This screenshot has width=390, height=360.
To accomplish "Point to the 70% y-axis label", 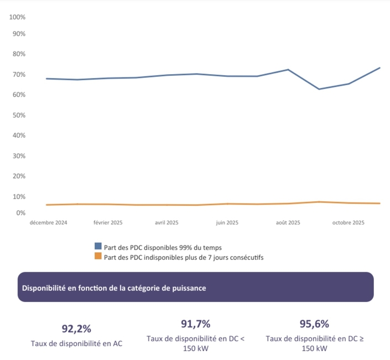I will [x=19, y=75].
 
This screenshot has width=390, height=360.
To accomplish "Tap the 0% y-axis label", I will [x=21, y=213].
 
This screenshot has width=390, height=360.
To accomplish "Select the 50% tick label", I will [x=19, y=115].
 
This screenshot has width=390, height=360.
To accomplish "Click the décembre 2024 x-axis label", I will [x=49, y=223].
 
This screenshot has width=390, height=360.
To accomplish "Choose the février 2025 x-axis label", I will [x=108, y=223].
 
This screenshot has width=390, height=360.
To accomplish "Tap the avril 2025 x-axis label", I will [x=167, y=223].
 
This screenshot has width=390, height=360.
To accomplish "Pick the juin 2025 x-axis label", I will [x=227, y=223].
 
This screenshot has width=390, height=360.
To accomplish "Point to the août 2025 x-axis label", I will [x=288, y=223].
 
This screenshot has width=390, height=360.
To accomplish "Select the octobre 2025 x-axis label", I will [x=348, y=223].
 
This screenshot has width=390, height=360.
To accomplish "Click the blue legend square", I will [x=98, y=247].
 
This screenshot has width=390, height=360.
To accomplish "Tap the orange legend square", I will [x=98, y=256].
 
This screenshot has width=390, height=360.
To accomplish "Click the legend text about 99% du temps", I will [x=163, y=247].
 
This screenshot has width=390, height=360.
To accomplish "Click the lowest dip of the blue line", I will [x=319, y=89].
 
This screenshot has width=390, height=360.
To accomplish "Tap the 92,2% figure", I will [x=76, y=329].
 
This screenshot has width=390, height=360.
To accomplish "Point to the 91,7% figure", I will [x=196, y=324].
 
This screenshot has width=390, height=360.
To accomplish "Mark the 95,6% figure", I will [x=314, y=324].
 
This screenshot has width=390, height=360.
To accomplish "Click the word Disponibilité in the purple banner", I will [x=43, y=288].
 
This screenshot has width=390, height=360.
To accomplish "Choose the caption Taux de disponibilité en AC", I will [x=76, y=343].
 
